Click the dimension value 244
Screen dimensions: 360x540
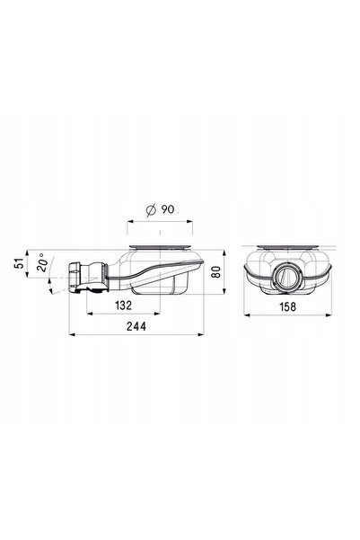click(136, 326)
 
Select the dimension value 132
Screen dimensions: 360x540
click(123, 305)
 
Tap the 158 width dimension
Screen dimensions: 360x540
click(287, 306)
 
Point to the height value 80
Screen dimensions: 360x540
click(215, 271)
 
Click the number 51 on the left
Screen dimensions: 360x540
click(19, 263)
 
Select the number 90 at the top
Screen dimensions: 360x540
click(168, 209)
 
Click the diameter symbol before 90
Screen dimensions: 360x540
click(151, 209)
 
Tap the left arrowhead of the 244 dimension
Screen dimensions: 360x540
click(73, 334)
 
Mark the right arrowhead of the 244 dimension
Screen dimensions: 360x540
click(201, 334)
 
